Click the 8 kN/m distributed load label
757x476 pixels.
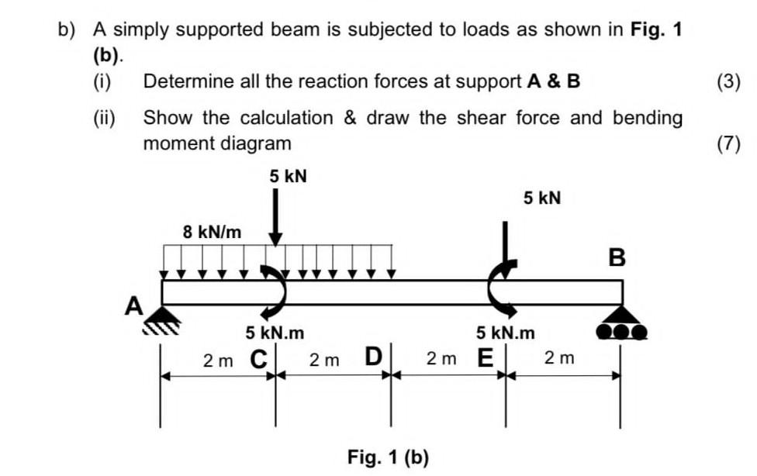click(212, 232)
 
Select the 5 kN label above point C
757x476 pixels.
click(289, 177)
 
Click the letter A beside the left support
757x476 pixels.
click(134, 306)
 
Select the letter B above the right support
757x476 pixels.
click(617, 258)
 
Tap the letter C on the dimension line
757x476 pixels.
click(259, 360)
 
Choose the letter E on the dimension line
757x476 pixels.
click(486, 360)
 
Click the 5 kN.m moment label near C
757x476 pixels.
click(275, 333)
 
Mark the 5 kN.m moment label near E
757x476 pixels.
click(506, 333)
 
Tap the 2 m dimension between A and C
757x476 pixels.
click(217, 360)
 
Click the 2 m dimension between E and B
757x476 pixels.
click(559, 358)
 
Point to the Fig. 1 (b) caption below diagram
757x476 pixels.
click(388, 457)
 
